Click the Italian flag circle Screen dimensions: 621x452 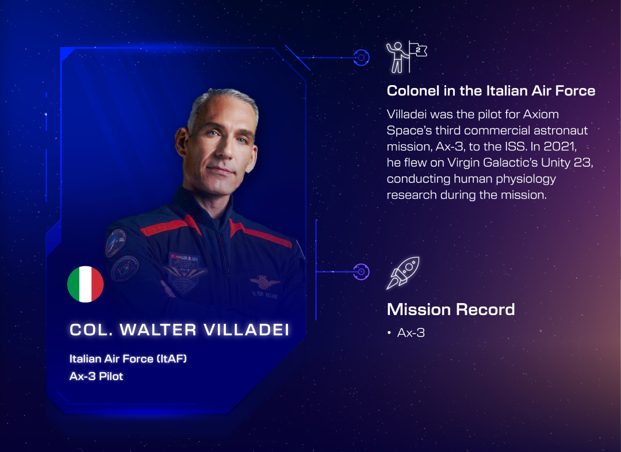[x=86, y=284]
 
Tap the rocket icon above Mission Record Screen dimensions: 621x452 [x=402, y=273]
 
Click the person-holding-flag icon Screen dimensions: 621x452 [x=407, y=58]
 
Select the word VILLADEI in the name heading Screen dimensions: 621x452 [x=247, y=330]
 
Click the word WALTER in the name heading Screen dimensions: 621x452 [x=158, y=330]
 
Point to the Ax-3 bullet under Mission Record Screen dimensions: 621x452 [x=411, y=333]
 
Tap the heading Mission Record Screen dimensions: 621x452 [x=451, y=309]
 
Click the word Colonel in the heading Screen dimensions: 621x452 [x=413, y=91]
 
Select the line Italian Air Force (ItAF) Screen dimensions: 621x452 [x=128, y=358]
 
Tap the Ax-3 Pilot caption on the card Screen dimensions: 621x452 [x=96, y=376]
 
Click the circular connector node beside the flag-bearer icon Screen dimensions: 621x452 [x=361, y=58]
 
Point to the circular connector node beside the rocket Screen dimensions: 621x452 [x=361, y=272]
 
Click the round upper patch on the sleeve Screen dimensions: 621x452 [x=116, y=243]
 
